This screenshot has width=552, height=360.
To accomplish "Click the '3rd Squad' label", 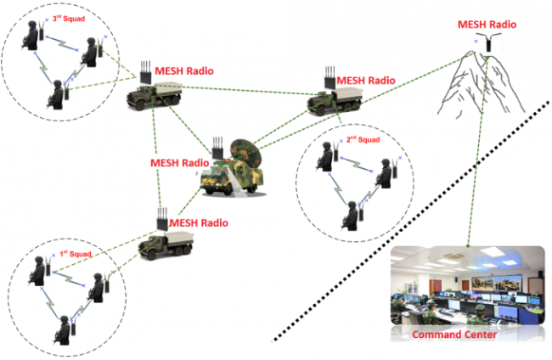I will tap(69, 17).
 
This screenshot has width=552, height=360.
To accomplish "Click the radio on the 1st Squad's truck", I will tap(161, 217).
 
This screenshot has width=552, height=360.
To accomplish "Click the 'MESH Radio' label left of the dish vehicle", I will tap(179, 162).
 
